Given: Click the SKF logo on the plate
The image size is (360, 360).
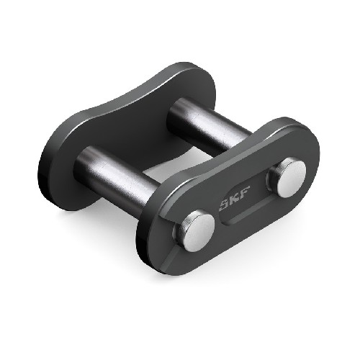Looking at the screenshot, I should pos(230,204).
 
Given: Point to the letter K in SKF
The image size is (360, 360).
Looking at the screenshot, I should pos(230,204).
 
